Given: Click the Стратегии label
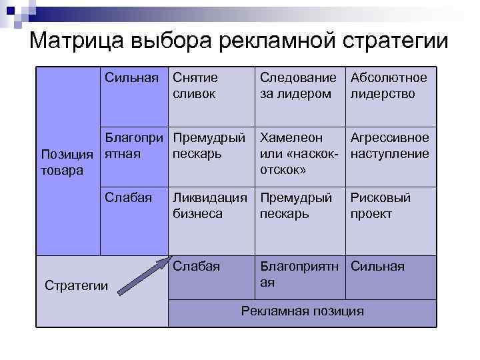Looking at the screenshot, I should [75, 285].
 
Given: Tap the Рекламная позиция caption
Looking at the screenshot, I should [303, 311].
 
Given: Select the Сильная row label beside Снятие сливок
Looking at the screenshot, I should [132, 78].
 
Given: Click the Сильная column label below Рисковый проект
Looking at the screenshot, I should [378, 266].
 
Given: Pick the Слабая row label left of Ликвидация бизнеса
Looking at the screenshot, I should [129, 198].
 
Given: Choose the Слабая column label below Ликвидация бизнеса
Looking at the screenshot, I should [197, 266].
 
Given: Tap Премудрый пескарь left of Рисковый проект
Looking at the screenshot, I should [296, 206].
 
